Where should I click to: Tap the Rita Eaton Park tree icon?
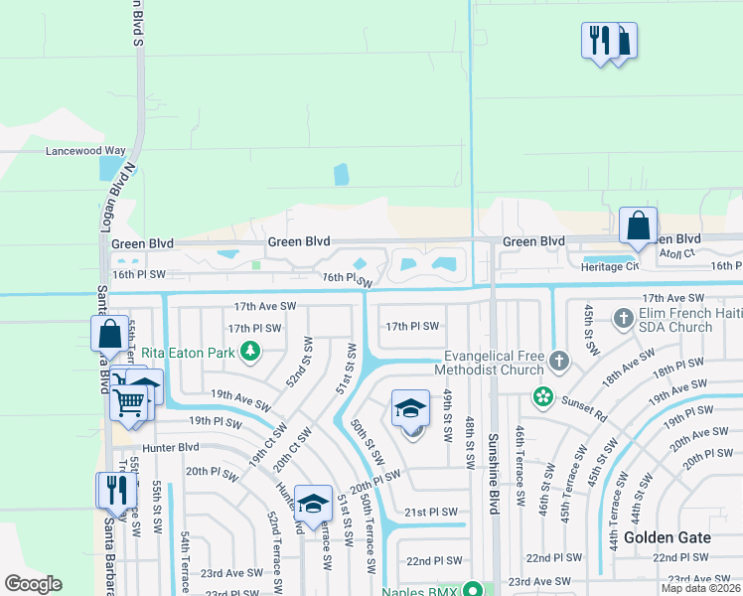[251, 350]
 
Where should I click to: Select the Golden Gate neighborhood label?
[667, 537]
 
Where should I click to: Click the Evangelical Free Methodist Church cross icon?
[559, 362]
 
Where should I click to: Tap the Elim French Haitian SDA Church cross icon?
[624, 319]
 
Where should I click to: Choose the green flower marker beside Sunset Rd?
[542, 397]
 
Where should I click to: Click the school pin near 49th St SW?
[411, 408]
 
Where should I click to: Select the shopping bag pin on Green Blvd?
[638, 225]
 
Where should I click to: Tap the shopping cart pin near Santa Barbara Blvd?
[128, 403]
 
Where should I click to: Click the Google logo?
[33, 584]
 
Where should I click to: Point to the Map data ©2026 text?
[700, 588]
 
